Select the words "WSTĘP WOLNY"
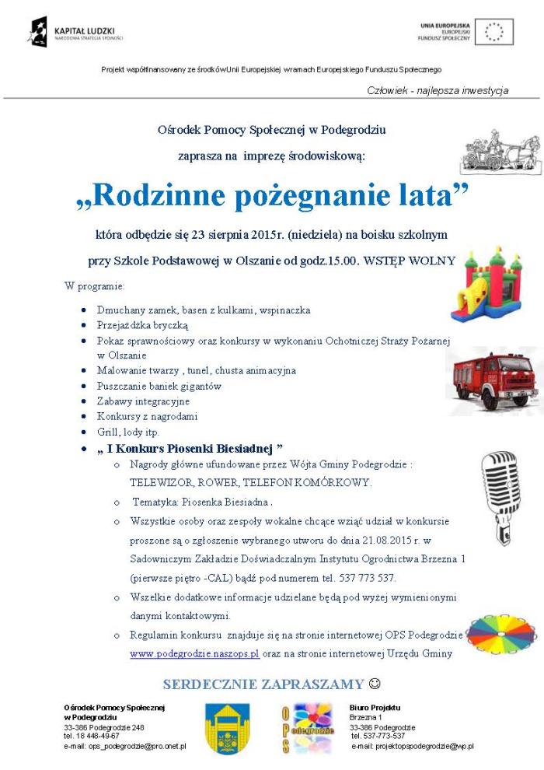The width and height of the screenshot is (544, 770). coord(428,261)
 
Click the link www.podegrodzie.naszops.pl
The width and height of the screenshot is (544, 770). coord(194,654)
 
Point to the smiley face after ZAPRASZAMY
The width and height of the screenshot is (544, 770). coord(375,684)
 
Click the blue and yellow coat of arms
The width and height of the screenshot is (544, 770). coord(227,730)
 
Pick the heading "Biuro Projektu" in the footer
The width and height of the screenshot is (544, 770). coord(375,707)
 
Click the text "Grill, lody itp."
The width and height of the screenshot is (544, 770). coord(128,432)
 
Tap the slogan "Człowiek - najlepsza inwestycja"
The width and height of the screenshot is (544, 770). coord(438,91)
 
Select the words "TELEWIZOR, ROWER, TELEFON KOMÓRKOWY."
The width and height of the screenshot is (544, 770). coord(250,482)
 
